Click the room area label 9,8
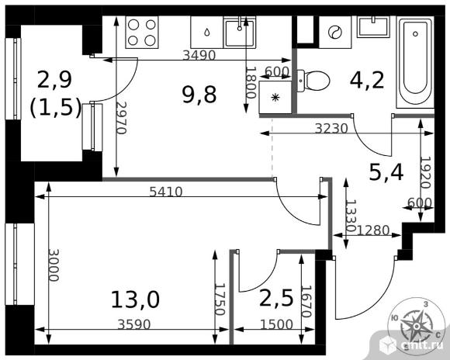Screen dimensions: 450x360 pos(199,95)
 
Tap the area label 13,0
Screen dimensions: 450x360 pos(135,299)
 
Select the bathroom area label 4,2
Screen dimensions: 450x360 pos(367,80)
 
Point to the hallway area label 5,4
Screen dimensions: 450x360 pos(386,172)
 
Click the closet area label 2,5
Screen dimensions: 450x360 pos(276,298)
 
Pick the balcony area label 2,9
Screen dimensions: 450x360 pos(54,80)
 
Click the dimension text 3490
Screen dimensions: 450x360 pos(199,55)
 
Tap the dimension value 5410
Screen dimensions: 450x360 pos(166,192)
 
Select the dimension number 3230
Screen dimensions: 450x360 pos(331,129)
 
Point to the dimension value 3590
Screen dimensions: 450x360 pos(134,324)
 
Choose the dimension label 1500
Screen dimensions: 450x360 pos(276,324)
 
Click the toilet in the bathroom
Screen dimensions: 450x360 pos(313,81)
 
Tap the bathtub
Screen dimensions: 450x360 pos(415,62)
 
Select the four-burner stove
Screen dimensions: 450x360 pos(142,32)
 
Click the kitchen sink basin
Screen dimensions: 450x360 pos(240,32)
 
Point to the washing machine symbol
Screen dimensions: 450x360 pos(335,32)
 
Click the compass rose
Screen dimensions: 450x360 pos(416,324)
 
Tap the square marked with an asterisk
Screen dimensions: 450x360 pos(275,97)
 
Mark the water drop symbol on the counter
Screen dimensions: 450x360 pos(206,32)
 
